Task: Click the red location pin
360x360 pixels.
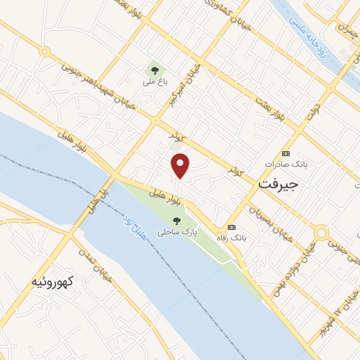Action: pos(181,165)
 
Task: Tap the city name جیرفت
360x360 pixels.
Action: pos(279,184)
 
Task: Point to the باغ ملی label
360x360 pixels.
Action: pos(153,82)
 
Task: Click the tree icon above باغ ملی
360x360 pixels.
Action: pos(153,70)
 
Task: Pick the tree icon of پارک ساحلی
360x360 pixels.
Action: pos(176,219)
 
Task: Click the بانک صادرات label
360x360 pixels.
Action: pos(286,164)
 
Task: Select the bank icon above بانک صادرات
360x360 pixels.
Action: pos(285,153)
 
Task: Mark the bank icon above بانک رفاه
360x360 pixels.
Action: pos(231,226)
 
